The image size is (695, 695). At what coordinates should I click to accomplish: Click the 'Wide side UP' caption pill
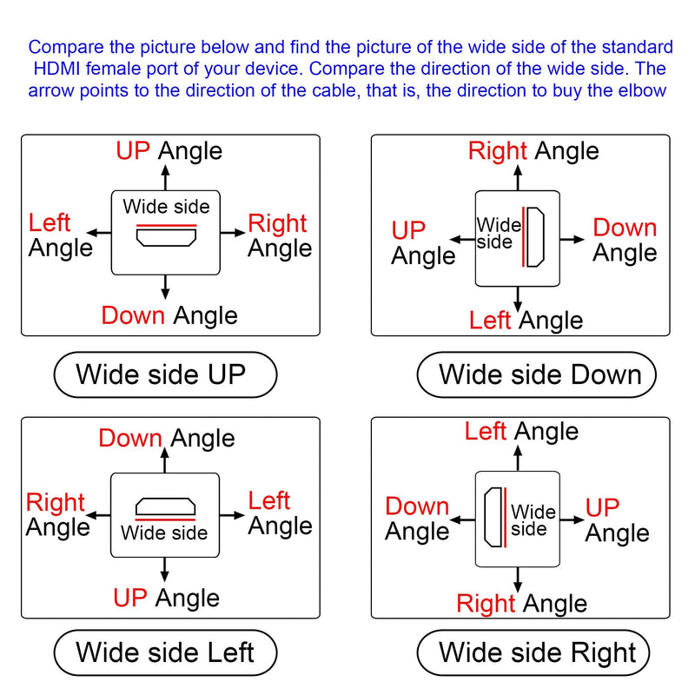click(x=165, y=374)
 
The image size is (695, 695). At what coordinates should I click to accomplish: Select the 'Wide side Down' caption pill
click(x=536, y=374)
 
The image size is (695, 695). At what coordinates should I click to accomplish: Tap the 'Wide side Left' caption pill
click(x=165, y=652)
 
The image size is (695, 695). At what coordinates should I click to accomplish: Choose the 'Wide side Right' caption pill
click(x=533, y=652)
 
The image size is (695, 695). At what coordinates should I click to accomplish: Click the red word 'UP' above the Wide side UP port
click(x=133, y=150)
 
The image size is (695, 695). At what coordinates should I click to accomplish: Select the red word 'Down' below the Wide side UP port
click(x=133, y=315)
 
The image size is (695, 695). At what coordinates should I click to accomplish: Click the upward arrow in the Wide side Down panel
click(x=518, y=178)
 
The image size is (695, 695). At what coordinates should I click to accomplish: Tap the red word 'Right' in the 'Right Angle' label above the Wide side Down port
click(x=497, y=150)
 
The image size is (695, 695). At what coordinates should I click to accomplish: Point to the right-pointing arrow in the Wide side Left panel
click(x=232, y=515)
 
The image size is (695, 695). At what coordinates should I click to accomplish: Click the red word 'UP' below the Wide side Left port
click(x=129, y=598)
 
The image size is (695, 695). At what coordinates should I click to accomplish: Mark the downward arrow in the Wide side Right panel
click(x=518, y=579)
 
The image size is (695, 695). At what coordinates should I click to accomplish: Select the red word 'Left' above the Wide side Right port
click(x=486, y=431)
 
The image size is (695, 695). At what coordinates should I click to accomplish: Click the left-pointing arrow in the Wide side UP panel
click(x=99, y=233)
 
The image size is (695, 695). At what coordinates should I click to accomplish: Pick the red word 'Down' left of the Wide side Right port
click(x=417, y=506)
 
